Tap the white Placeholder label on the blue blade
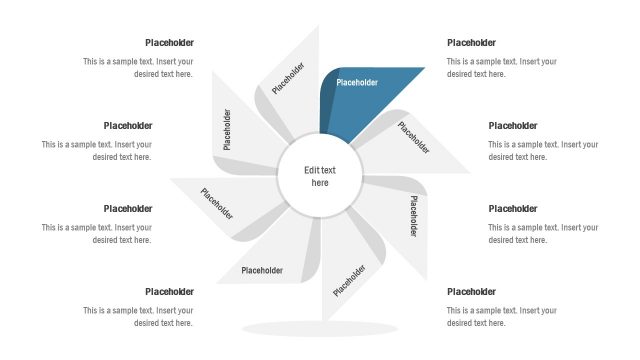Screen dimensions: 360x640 pyautogui.click(x=357, y=82)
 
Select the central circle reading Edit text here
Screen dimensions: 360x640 pyautogui.click(x=320, y=177)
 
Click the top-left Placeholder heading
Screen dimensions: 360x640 pyautogui.click(x=169, y=43)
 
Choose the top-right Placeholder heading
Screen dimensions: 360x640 pyautogui.click(x=471, y=43)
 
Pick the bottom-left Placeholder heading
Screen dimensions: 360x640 pyautogui.click(x=169, y=292)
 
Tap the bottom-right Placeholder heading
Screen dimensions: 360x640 pyautogui.click(x=471, y=292)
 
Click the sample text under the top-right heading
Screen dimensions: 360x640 pyautogui.click(x=501, y=67)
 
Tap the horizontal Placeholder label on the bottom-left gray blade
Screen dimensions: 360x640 pyautogui.click(x=262, y=270)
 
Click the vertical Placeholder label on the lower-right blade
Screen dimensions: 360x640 pyautogui.click(x=412, y=215)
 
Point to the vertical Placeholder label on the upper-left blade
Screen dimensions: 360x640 pyautogui.click(x=227, y=130)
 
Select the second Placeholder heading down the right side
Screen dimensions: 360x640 pyautogui.click(x=512, y=126)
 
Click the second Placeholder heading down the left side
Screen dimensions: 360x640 pyautogui.click(x=128, y=126)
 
